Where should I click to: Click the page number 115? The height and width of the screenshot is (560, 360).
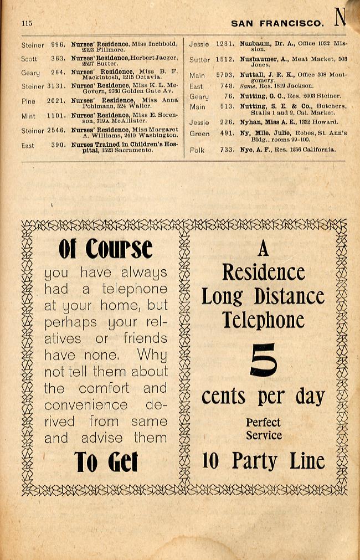click(x=27, y=23)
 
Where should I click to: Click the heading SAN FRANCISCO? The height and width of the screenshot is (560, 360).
click(x=277, y=23)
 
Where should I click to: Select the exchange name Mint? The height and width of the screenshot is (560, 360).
click(x=28, y=116)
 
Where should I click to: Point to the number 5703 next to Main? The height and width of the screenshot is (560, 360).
click(x=225, y=75)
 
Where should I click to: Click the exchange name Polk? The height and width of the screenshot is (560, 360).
click(x=197, y=150)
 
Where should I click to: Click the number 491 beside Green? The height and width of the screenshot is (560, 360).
click(x=227, y=133)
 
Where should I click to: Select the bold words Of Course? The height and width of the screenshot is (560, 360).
click(x=105, y=249)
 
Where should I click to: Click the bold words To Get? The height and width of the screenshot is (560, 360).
click(x=106, y=462)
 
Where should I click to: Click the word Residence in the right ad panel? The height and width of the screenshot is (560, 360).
click(x=263, y=272)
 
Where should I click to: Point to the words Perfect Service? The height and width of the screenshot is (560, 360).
click(x=263, y=429)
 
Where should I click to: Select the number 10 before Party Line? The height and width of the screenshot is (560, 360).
click(x=210, y=461)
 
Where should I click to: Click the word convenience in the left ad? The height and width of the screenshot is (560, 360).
click(x=86, y=405)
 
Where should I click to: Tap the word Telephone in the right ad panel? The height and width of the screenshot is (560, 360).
click(x=263, y=320)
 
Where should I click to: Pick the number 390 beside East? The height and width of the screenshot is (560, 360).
click(x=58, y=145)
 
